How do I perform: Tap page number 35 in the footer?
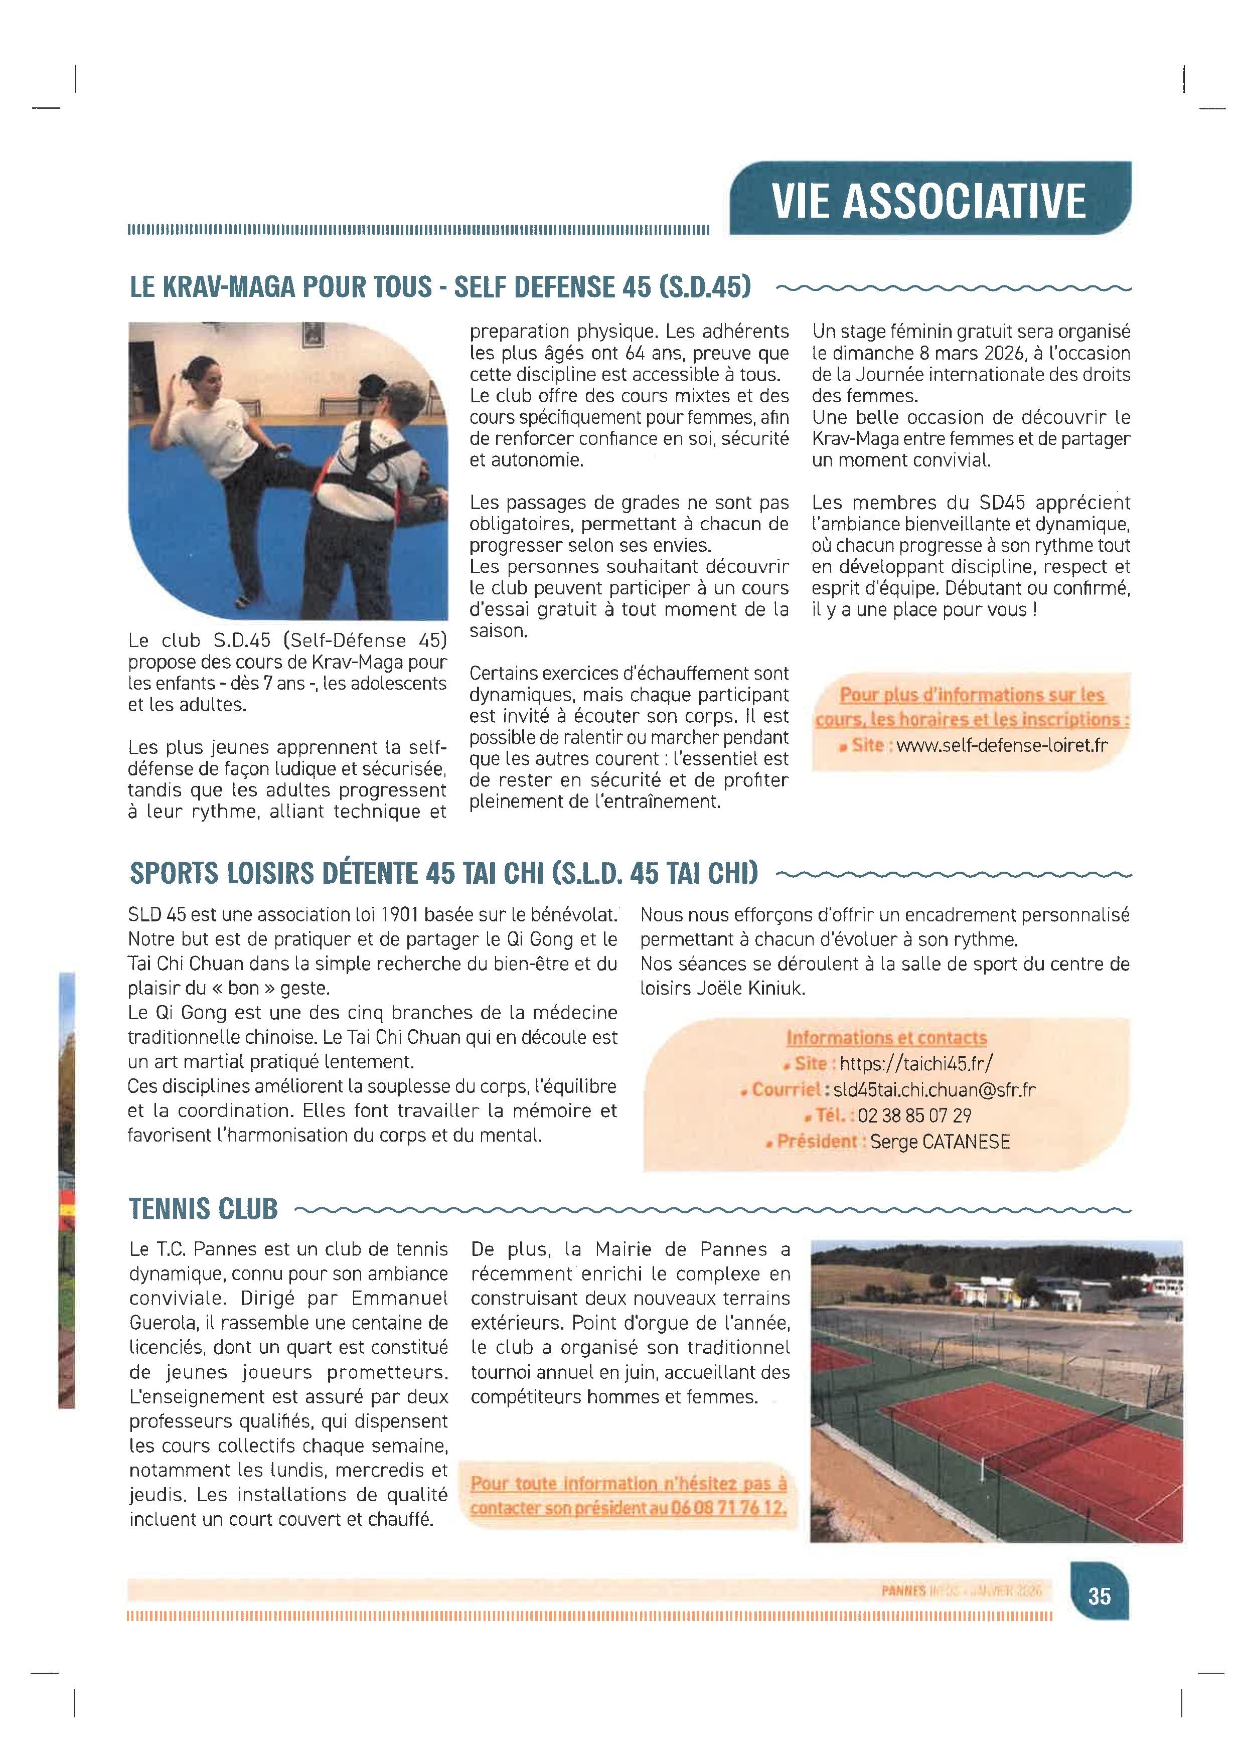(1099, 1596)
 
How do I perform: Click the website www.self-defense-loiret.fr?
(1002, 745)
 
